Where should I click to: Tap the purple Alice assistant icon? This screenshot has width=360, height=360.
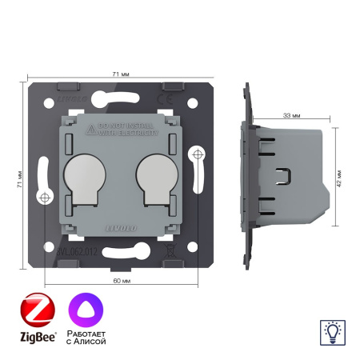coord(88,307)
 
